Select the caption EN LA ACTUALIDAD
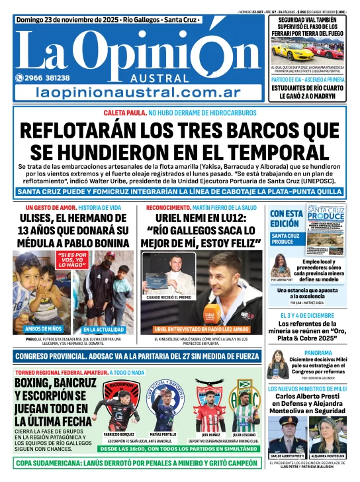101,329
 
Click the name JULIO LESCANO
246,434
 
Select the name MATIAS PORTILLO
163,434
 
